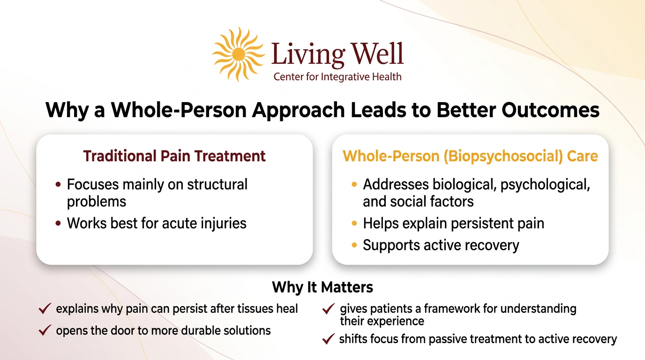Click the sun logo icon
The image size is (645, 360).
pyautogui.click(x=239, y=54)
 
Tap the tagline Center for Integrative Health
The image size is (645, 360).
pyautogui.click(x=337, y=76)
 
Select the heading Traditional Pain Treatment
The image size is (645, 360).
pyautogui.click(x=174, y=156)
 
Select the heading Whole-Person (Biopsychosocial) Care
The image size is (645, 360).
pyautogui.click(x=470, y=156)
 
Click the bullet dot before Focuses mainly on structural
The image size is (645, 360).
pyautogui.click(x=58, y=185)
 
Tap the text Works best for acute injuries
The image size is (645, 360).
pyautogui.click(x=157, y=223)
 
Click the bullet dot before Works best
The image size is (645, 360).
pyautogui.click(x=58, y=224)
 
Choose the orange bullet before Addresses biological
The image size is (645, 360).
pyautogui.click(x=354, y=185)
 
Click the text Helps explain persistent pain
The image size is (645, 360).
pyautogui.click(x=453, y=224)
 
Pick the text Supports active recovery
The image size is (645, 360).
pyautogui.click(x=441, y=245)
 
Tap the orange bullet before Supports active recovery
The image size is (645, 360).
pyautogui.click(x=354, y=246)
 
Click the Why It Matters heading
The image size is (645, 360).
pyautogui.click(x=322, y=287)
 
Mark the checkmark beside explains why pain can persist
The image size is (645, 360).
pyautogui.click(x=45, y=308)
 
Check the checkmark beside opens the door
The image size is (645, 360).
pyautogui.click(x=45, y=330)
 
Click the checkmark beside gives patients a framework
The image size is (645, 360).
pyautogui.click(x=329, y=309)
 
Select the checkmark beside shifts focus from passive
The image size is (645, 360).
pyautogui.click(x=329, y=339)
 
